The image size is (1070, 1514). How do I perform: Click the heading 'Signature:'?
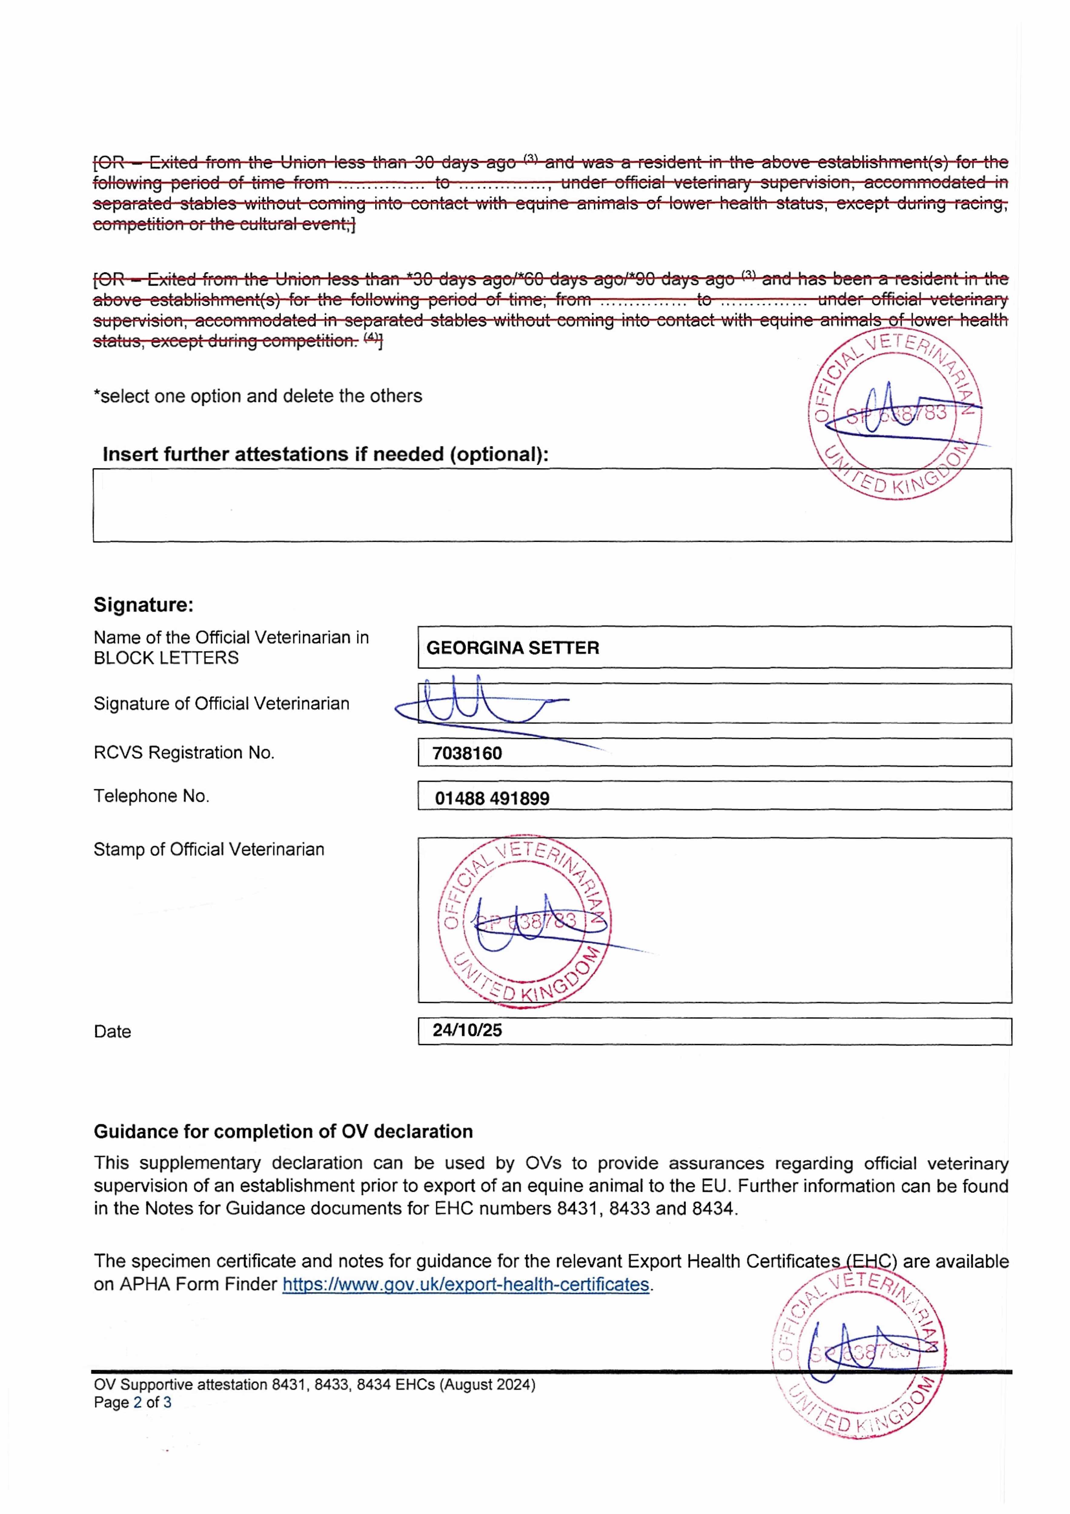pyautogui.click(x=144, y=605)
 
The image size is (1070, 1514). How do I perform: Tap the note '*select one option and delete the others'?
pyautogui.click(x=258, y=396)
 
